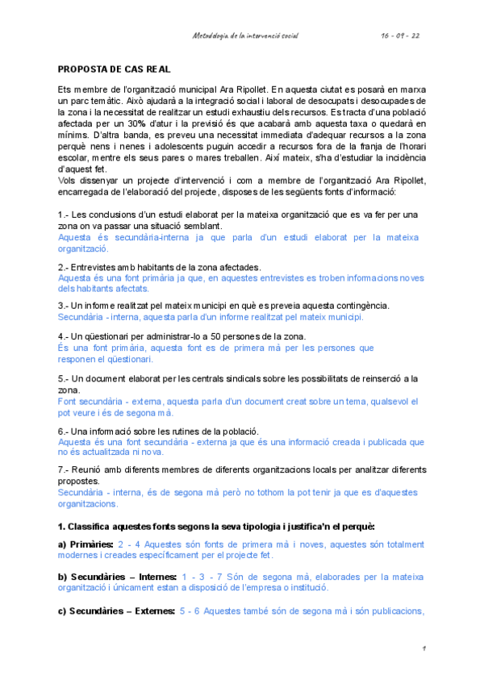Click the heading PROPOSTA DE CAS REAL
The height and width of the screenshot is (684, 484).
114,69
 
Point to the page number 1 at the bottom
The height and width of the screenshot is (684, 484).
423,648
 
